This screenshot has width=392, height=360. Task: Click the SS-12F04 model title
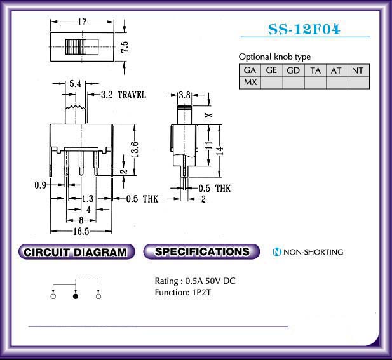(304, 29)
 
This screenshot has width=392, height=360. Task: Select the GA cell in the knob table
(250, 70)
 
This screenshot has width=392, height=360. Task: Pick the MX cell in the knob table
(250, 82)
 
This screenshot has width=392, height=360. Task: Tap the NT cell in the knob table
(358, 70)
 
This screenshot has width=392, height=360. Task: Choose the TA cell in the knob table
(315, 70)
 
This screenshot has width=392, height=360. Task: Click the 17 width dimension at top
(82, 22)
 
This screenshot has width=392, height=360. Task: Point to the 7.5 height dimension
(125, 47)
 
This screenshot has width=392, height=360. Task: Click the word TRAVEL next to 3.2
(132, 95)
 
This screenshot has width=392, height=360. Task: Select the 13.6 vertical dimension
(135, 149)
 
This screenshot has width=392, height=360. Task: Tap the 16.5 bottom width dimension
(81, 231)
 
